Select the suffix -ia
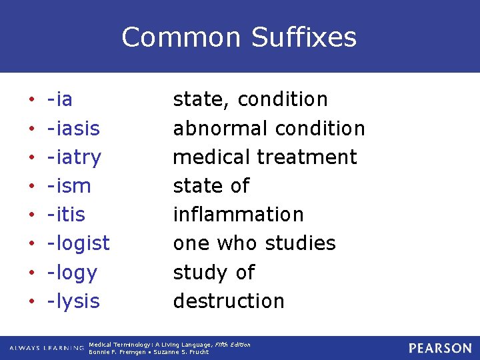click(x=60, y=99)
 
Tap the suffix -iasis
click(x=73, y=128)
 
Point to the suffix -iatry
click(x=74, y=157)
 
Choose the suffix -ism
click(x=69, y=186)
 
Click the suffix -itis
click(x=66, y=215)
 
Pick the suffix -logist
click(x=78, y=243)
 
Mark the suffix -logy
click(x=72, y=273)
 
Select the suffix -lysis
click(x=73, y=301)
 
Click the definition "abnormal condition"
click(x=269, y=128)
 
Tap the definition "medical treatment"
click(x=265, y=157)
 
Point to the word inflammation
click(x=238, y=215)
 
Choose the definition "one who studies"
click(x=254, y=243)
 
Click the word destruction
click(x=229, y=301)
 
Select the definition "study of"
click(x=213, y=273)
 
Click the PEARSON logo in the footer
click(x=440, y=348)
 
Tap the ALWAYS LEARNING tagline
click(x=47, y=348)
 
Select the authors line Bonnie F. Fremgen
click(x=149, y=352)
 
